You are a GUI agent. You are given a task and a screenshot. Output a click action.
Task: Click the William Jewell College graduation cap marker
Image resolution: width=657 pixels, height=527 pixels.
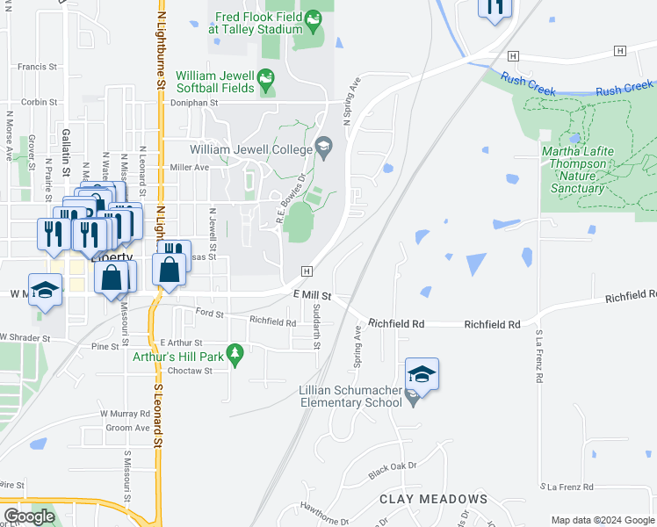[323, 146]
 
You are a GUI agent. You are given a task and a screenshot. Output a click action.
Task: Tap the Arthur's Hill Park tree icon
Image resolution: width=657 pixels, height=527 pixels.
[234, 353]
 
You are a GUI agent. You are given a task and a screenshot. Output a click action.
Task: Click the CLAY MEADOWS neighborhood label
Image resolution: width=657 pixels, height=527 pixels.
[433, 499]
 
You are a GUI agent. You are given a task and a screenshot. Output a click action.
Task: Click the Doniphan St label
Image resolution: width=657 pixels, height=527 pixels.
[193, 102]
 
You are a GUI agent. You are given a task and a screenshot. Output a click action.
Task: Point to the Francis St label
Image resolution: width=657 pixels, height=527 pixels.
[37, 66]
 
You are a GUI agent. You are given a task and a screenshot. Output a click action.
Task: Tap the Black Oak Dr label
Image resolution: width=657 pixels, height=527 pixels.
[391, 471]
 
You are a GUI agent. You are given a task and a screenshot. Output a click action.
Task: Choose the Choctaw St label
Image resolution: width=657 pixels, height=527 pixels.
[196, 371]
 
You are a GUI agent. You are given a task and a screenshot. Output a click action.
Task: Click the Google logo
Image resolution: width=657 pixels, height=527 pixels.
[29, 516]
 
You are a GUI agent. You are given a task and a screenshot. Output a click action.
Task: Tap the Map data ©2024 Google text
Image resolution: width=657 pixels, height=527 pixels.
[602, 520]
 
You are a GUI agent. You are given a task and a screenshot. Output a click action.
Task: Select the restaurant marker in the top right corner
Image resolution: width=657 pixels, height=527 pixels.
[495, 7]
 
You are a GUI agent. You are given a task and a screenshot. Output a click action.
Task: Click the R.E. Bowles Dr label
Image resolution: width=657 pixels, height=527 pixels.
[292, 199]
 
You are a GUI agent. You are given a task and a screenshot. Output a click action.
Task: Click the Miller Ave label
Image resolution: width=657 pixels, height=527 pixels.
[190, 167]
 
